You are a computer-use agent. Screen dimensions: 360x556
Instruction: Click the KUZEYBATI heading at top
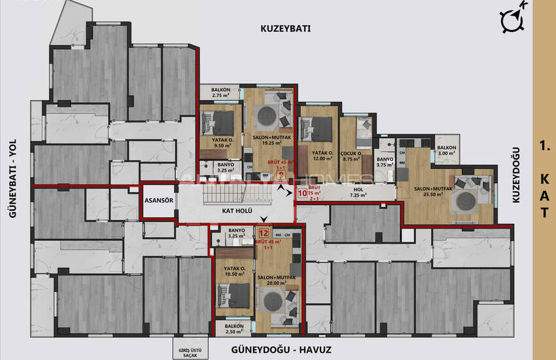[x=285, y=29]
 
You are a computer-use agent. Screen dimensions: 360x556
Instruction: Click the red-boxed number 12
[x=264, y=232]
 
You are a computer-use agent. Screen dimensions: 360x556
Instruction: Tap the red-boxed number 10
[x=302, y=193]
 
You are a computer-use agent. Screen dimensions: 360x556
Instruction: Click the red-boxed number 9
[x=281, y=175]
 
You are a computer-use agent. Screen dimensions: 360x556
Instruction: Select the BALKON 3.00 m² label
[x=447, y=151]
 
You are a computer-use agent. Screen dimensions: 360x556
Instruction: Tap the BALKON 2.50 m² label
[x=234, y=329]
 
